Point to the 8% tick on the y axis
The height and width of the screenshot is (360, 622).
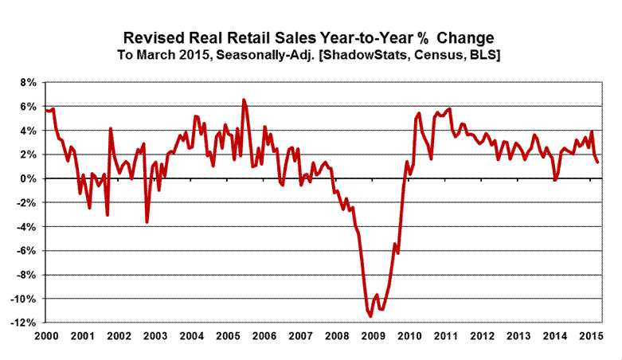pos(27,82)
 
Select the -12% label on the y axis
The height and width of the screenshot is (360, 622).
pos(24,323)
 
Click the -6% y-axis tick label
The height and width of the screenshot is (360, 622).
pos(25,251)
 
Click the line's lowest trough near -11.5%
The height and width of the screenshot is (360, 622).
pos(370,317)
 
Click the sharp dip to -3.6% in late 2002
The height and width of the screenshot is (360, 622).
pos(147,222)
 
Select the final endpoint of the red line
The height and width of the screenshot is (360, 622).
pos(597,162)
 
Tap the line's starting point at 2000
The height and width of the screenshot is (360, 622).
pos(46,110)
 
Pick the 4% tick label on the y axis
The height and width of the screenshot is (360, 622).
pos(27,131)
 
